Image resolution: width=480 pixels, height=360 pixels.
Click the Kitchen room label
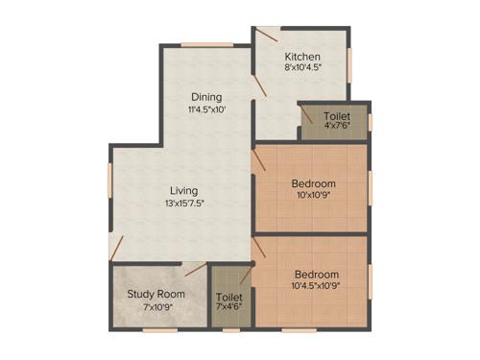coord(301,57)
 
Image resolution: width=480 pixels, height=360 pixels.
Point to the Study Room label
coord(156,294)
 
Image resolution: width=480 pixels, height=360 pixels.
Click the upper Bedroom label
coord(313,183)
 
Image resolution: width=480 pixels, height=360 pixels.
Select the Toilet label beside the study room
coord(229,297)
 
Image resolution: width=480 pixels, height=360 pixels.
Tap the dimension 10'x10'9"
coord(313,196)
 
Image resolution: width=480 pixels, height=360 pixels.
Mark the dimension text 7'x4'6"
coord(229,308)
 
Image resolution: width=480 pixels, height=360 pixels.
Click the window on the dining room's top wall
coord(207,43)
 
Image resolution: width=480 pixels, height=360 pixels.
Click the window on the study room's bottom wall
coord(157,330)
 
